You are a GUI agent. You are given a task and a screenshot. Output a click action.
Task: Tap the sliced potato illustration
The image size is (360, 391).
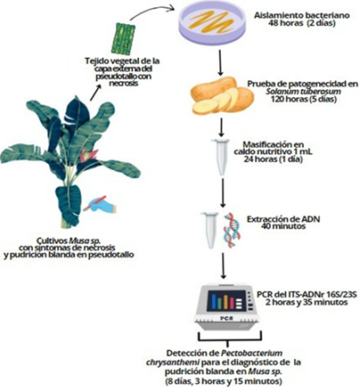[x=223, y=95]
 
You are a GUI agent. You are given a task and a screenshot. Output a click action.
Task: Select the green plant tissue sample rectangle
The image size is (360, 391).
[x=123, y=38]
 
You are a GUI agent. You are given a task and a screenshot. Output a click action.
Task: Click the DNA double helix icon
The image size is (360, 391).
[x=233, y=229]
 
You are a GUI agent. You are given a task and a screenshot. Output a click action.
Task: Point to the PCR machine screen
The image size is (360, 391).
[x=226, y=301]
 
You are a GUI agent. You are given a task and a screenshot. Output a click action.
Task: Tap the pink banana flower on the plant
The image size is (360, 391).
[x=87, y=156]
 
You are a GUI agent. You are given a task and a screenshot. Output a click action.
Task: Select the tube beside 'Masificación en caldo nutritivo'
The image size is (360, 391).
[x=220, y=157]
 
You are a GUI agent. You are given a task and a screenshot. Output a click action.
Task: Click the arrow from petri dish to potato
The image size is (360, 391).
[x=220, y=62]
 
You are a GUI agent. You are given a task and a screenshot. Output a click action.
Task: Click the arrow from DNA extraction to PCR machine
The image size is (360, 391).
[x=223, y=265]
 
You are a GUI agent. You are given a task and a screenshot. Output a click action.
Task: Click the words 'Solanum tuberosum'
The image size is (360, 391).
[x=303, y=92]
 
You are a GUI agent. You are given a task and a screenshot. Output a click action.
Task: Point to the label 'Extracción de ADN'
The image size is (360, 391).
[x=283, y=219]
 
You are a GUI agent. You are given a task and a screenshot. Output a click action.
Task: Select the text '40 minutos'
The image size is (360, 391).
[x=283, y=226]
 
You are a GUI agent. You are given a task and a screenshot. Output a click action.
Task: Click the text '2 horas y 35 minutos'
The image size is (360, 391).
[x=307, y=303]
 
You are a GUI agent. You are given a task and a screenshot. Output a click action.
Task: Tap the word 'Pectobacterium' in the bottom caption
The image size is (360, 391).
[x=252, y=354]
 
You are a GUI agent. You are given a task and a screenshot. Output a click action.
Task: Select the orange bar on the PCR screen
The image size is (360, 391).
[x=225, y=302]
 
